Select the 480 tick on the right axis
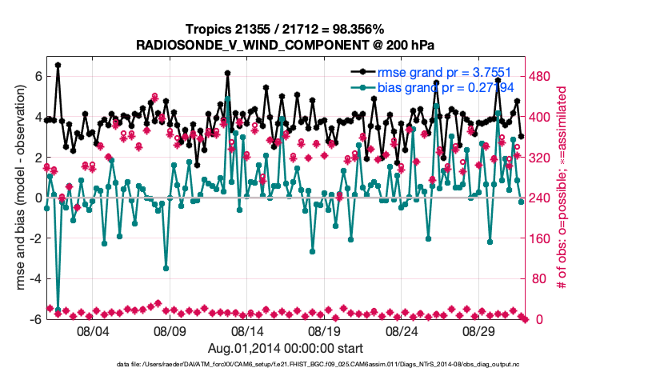point(540,77)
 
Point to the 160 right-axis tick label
point(540,238)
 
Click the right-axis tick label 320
point(540,158)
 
